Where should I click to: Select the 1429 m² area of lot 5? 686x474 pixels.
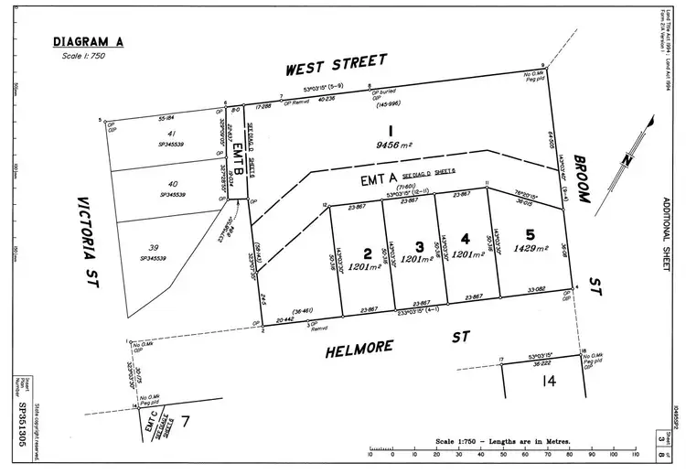[531, 247]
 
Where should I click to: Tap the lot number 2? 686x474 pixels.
[367, 253]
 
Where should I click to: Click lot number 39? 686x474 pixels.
[154, 248]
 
